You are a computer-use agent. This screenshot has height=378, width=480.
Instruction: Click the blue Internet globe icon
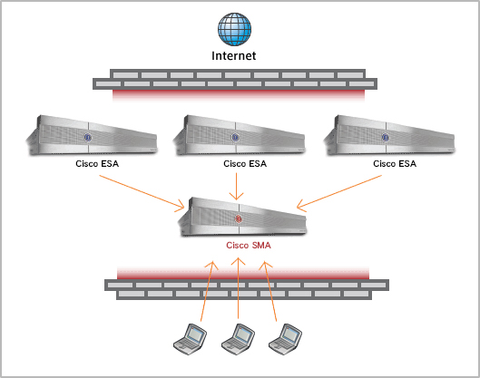[234, 29]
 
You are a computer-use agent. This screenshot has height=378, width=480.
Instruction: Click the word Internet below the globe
[234, 55]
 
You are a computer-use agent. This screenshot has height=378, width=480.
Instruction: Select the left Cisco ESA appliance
[92, 135]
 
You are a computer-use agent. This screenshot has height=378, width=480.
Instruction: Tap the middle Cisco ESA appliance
[239, 135]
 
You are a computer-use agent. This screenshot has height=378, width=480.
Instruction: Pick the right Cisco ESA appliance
[389, 135]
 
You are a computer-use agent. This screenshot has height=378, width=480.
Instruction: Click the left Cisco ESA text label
[97, 163]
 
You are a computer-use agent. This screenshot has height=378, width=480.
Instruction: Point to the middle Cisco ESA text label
[245, 163]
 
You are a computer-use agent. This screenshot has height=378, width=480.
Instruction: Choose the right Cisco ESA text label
[395, 163]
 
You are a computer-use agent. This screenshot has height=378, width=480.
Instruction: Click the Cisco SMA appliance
[242, 217]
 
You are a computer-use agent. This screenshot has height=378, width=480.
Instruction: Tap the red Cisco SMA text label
[249, 246]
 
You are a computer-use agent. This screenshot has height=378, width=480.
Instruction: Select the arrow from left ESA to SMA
[142, 192]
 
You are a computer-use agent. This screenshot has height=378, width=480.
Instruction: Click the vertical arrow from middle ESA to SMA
[236, 187]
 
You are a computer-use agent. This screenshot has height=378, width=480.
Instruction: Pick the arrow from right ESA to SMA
[339, 193]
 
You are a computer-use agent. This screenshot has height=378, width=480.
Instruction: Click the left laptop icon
[191, 339]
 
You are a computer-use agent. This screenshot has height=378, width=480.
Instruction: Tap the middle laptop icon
[238, 339]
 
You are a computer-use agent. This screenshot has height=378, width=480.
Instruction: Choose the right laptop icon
[285, 339]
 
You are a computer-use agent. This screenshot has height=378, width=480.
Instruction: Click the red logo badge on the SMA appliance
[239, 219]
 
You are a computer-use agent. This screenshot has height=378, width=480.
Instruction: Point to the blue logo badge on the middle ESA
[235, 137]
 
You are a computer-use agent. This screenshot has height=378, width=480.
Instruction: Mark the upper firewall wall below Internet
[235, 84]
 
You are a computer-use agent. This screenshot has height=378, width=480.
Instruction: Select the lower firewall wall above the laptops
[247, 283]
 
